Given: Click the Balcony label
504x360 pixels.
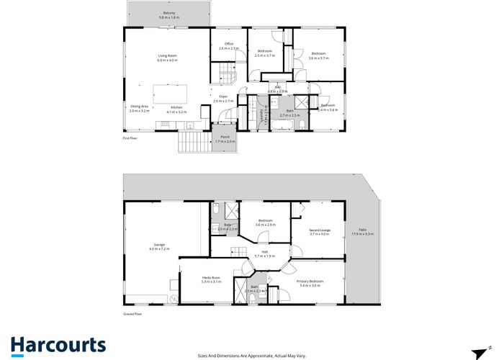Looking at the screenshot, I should pyautogui.click(x=169, y=13).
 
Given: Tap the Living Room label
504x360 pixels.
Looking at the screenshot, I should pyautogui.click(x=168, y=55).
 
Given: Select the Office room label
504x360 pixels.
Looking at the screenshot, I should pyautogui.click(x=229, y=44).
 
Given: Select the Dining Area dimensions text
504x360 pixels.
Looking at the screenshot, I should pyautogui.click(x=139, y=112).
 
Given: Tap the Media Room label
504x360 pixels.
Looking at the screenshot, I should pyautogui.click(x=211, y=277).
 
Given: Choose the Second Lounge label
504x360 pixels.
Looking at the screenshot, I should pyautogui.click(x=319, y=229).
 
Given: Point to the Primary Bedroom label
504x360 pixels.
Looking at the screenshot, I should pyautogui.click(x=310, y=281).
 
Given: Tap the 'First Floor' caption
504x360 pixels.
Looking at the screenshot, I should pyautogui.click(x=130, y=137).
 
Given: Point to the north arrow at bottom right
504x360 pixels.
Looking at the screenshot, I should pyautogui.click(x=477, y=353).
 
